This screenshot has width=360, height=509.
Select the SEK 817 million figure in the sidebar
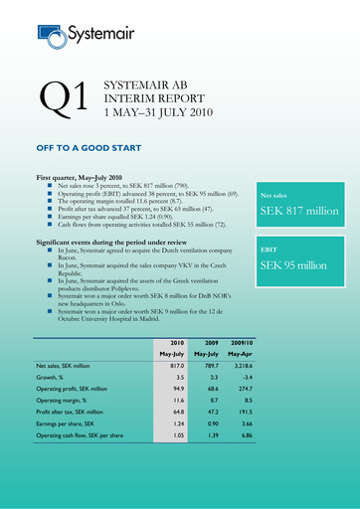coord(306,212)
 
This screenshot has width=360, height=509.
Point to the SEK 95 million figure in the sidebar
coord(299,266)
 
